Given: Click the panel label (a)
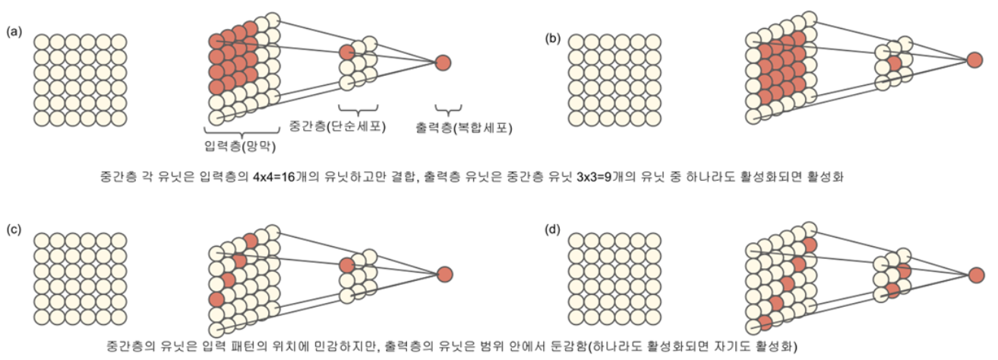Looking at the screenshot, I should pyautogui.click(x=14, y=32).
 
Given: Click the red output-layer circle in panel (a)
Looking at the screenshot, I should pyautogui.click(x=444, y=62).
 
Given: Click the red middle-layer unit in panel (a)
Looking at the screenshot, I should pyautogui.click(x=347, y=52).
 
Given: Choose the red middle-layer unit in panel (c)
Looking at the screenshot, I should pyautogui.click(x=347, y=265).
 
